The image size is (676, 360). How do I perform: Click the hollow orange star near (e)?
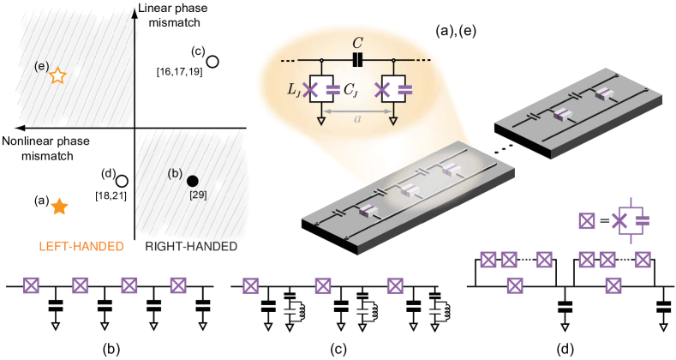57,75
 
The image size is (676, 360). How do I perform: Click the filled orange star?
59,207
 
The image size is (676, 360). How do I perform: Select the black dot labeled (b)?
192,180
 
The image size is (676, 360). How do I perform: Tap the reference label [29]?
198,195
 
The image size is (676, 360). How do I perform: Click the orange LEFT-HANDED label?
81,246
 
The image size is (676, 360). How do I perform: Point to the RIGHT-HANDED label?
190,246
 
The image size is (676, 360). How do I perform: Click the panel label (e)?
40,66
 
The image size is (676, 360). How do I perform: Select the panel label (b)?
175,173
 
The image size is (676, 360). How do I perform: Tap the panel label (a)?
443,31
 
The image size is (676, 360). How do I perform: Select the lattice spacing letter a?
357,119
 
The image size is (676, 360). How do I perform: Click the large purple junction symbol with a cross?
631,220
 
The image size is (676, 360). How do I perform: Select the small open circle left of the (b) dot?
125,180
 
